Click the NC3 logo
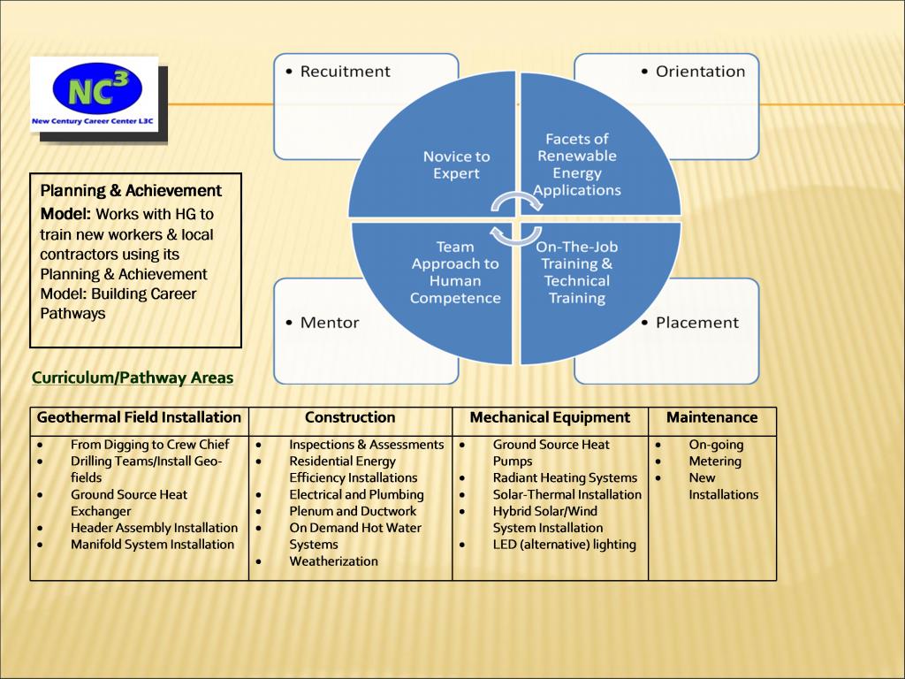click(x=94, y=94)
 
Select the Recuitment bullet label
click(x=345, y=72)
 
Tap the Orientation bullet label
click(x=700, y=72)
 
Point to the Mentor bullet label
click(x=330, y=323)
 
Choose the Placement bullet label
click(x=696, y=323)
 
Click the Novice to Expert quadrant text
click(x=456, y=165)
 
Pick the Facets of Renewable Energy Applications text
click(x=577, y=164)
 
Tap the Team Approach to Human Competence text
click(x=455, y=272)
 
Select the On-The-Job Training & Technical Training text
click(x=576, y=272)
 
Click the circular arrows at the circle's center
click(x=517, y=219)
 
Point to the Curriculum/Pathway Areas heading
click(x=133, y=378)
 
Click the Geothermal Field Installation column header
click(x=139, y=417)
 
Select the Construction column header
click(x=350, y=417)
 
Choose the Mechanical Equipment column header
click(x=550, y=417)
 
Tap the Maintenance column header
click(x=711, y=417)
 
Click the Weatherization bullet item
click(x=333, y=561)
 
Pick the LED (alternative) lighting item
click(x=564, y=545)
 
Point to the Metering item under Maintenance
click(x=715, y=462)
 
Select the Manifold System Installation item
click(x=152, y=545)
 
